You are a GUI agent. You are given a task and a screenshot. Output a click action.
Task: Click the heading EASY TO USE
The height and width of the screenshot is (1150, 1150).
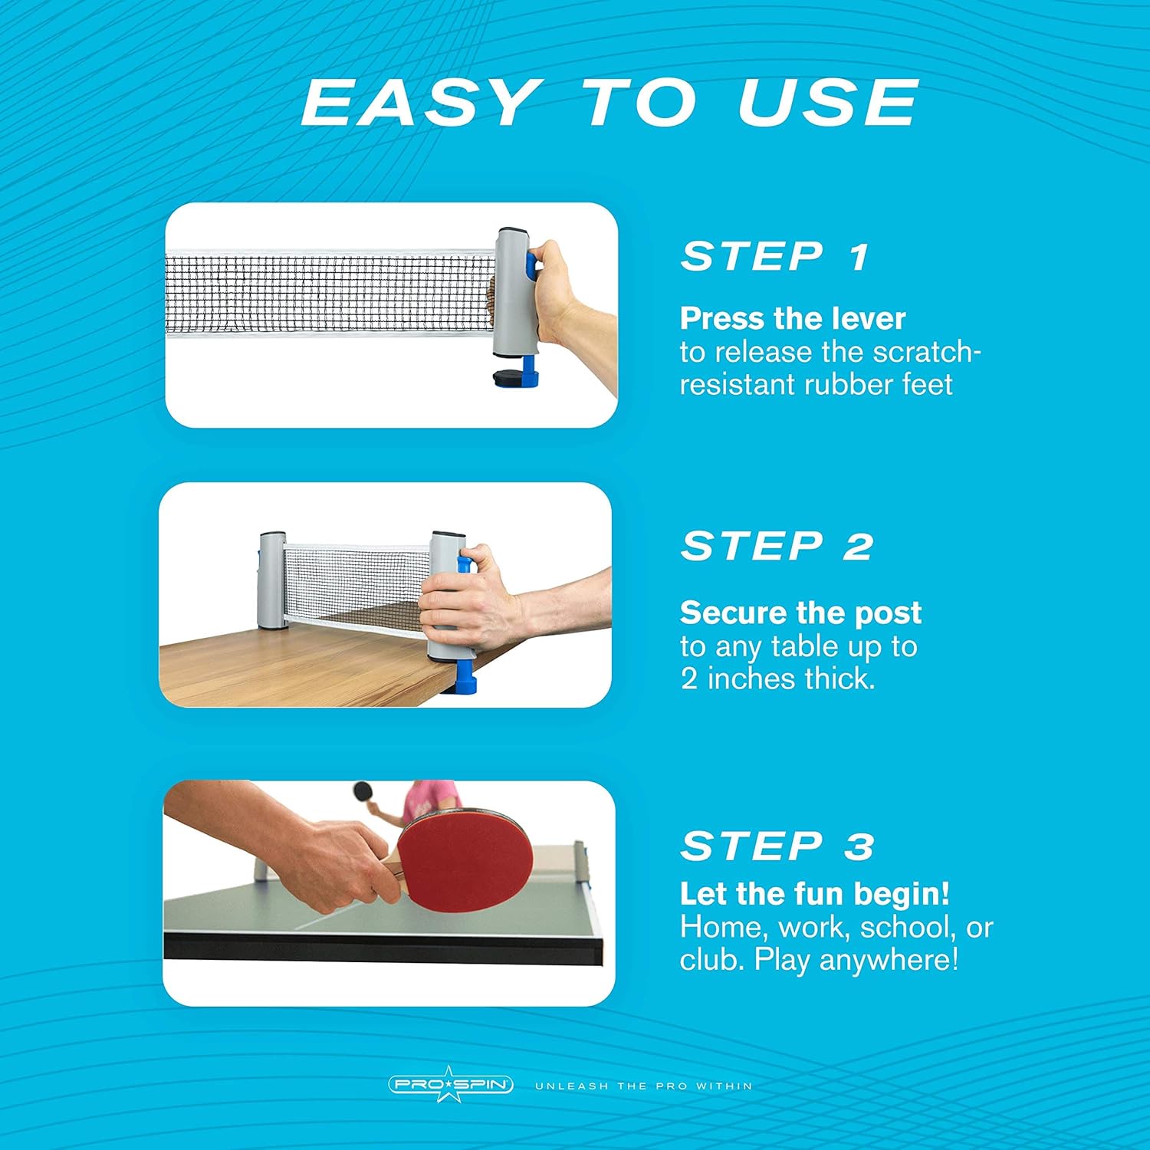[x=609, y=103]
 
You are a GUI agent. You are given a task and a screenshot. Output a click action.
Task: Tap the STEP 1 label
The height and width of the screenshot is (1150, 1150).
[x=774, y=256]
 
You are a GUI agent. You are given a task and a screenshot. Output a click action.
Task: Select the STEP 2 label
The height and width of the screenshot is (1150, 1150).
[x=776, y=546]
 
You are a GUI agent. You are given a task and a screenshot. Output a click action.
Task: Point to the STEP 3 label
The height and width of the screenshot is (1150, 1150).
[x=776, y=846]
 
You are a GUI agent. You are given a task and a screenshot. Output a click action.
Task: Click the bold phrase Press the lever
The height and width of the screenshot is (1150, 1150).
[x=792, y=318]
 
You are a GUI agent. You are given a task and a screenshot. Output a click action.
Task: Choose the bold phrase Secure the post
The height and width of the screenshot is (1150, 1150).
[x=800, y=613]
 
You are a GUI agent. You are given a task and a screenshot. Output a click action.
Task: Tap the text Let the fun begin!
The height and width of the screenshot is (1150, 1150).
[x=814, y=894]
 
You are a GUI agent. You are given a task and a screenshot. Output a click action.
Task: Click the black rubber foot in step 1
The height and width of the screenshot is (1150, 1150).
[x=508, y=379]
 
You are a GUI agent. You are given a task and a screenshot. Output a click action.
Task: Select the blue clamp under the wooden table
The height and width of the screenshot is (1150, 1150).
[x=466, y=678]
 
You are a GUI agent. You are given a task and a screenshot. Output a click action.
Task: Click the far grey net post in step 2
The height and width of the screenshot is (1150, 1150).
[x=272, y=579]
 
